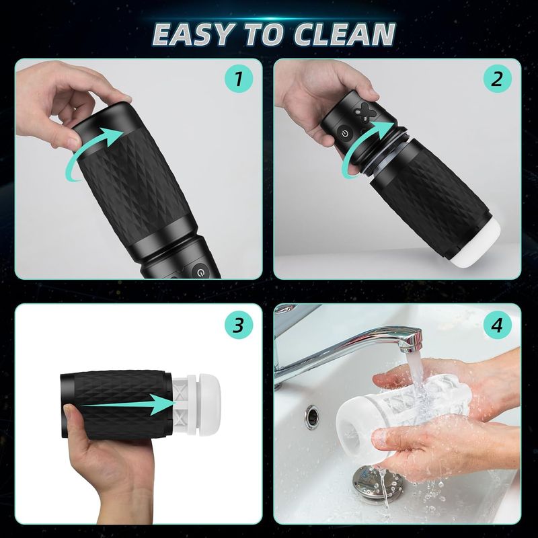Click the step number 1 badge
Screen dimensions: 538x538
pyautogui.click(x=237, y=81)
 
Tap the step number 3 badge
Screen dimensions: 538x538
pyautogui.click(x=237, y=326)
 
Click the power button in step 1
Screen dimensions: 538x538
pyautogui.click(x=199, y=272)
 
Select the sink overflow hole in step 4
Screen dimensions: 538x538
pyautogui.click(x=311, y=417)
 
